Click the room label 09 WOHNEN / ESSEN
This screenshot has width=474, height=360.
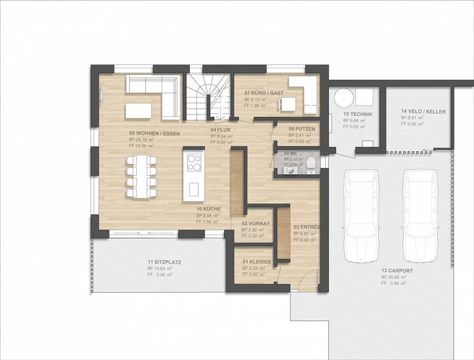coord(154,133)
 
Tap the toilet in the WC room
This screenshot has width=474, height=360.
coord(311,166)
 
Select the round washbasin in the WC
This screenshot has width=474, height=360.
coord(289,171)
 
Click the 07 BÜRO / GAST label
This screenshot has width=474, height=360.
coord(264,93)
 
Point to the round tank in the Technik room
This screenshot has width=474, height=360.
coord(344,97)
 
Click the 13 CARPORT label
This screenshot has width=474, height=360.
coord(397,270)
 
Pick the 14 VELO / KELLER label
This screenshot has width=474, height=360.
coord(423,112)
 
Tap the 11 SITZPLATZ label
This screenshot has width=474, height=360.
coord(164,262)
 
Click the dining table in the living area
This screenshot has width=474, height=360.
coord(142,177)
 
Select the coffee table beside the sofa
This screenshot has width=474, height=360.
coord(139,110)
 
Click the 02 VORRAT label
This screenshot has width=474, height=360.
coord(256,223)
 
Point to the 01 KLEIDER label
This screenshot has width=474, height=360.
coord(256,262)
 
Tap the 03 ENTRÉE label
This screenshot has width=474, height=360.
coord(307,227)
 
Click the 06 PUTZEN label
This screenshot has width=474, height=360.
coord(302,129)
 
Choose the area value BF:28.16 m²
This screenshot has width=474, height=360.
coord(142,139)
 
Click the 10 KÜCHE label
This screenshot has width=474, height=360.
coord(209,209)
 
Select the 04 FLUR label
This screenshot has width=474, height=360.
coord(221,130)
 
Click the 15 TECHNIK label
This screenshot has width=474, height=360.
coord(358,114)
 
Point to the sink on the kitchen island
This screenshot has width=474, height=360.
coord(194,189)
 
